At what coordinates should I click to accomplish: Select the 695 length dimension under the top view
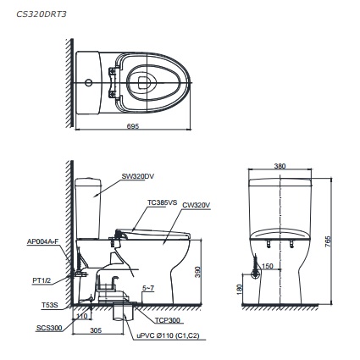(132, 127)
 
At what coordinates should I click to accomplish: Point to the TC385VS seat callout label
(162, 202)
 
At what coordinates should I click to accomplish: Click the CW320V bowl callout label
(196, 204)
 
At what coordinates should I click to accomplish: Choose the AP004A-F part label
(43, 241)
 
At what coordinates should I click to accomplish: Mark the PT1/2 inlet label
(42, 279)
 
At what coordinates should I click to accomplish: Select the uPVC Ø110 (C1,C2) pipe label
(167, 335)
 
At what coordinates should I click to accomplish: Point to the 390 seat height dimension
(198, 271)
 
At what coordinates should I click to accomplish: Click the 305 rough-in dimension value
(96, 331)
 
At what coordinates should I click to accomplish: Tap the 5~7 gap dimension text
(148, 288)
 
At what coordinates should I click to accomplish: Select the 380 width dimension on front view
(280, 166)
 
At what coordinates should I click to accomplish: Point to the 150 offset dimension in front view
(268, 266)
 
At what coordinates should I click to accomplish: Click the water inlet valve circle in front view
(255, 277)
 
